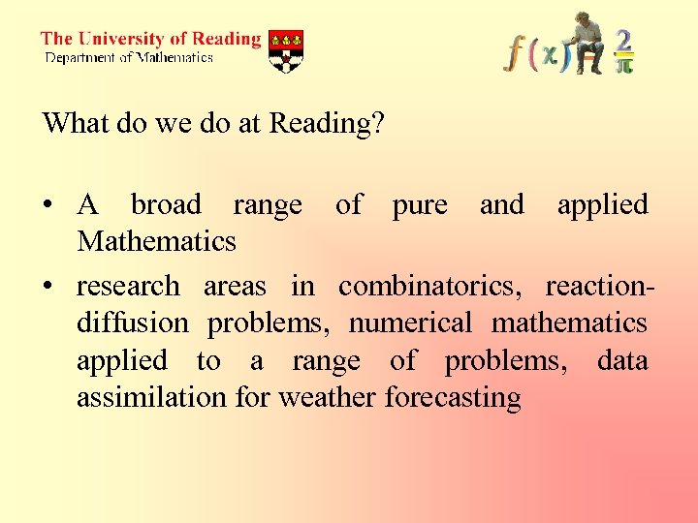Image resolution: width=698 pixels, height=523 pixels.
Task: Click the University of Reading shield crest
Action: (x=285, y=50)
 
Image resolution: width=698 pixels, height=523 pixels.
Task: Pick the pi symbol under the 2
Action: (x=625, y=64)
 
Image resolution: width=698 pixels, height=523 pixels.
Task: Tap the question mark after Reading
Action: (x=378, y=124)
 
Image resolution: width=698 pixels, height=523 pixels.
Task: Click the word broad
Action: (x=166, y=205)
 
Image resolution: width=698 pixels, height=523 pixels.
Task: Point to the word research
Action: (x=128, y=287)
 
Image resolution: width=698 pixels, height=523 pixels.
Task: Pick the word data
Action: (x=622, y=360)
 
